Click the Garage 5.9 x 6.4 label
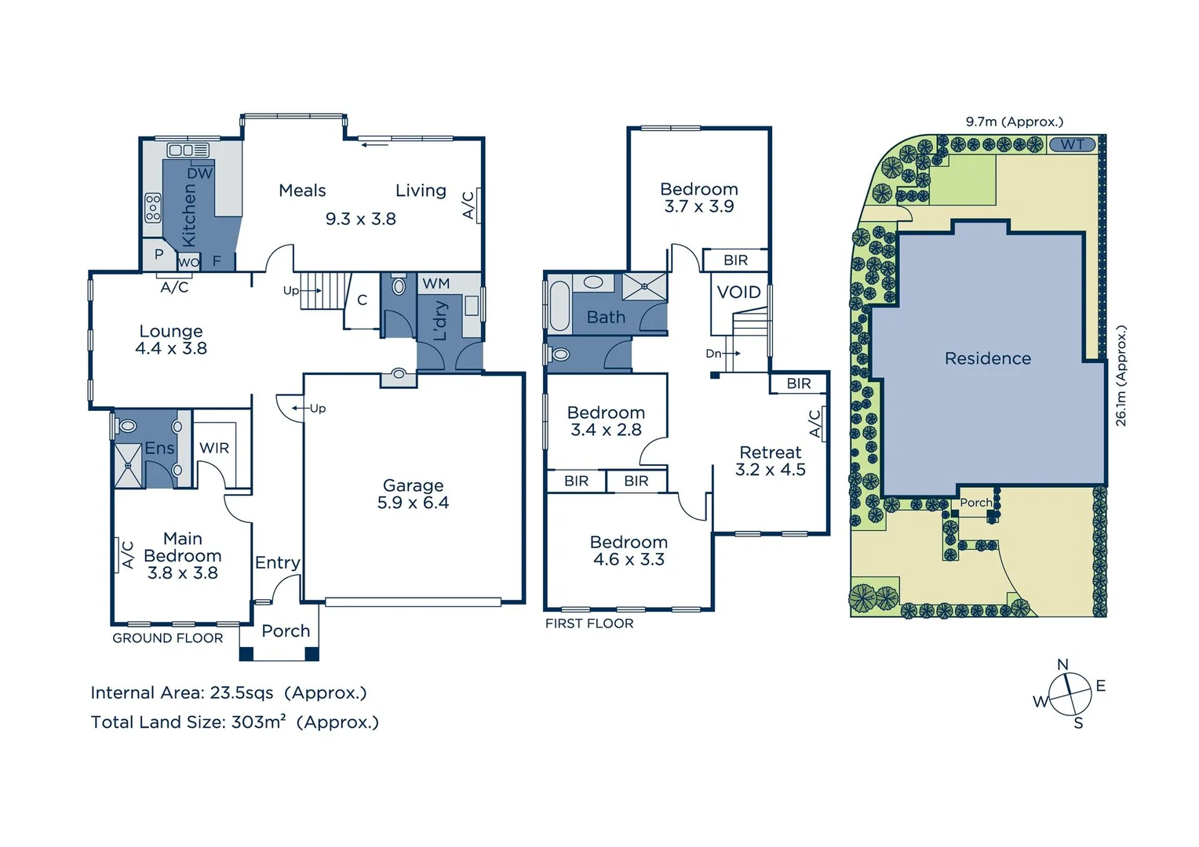(413, 494)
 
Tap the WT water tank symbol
(1072, 144)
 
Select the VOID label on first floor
(738, 293)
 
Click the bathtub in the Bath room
(559, 306)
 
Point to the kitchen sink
(188, 150)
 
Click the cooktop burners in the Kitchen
(153, 207)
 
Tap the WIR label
(214, 448)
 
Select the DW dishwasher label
(199, 173)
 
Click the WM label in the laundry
(436, 283)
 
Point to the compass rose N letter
(1062, 664)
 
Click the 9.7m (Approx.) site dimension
(1014, 122)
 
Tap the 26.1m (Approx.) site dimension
(1121, 376)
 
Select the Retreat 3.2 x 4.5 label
(770, 461)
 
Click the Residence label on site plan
(987, 358)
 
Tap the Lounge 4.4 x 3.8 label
(171, 340)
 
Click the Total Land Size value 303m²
(258, 722)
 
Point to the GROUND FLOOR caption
(167, 638)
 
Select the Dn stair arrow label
(713, 354)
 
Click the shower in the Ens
(128, 465)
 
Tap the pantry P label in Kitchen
(159, 254)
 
